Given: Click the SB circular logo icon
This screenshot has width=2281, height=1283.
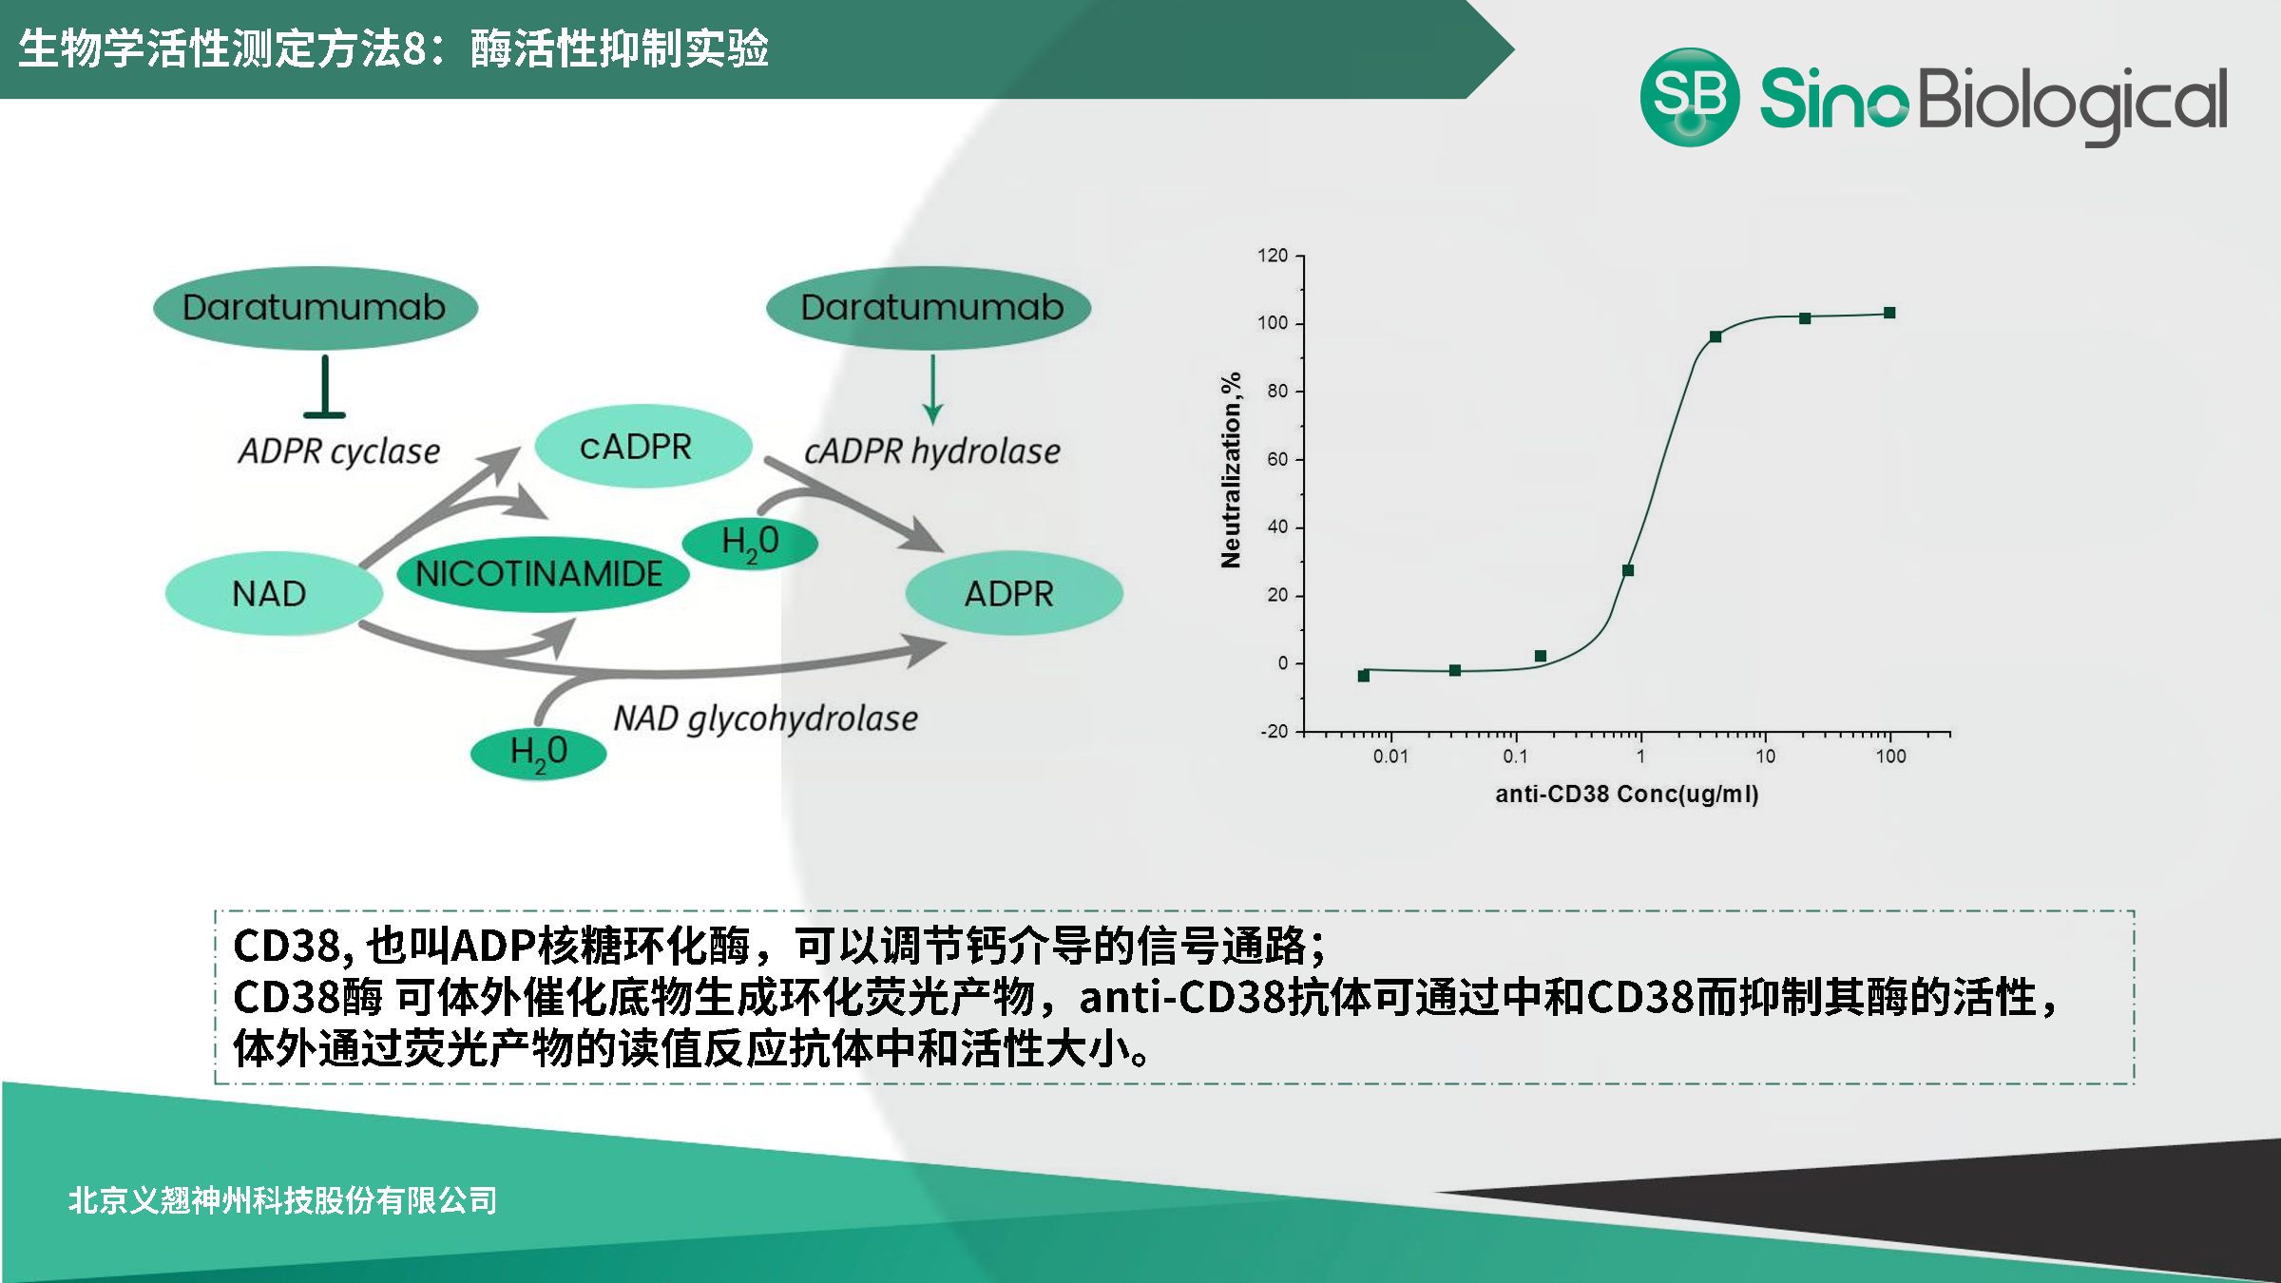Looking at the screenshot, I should pos(1689,97).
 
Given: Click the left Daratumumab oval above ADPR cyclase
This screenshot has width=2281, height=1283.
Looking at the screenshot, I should pos(315,307).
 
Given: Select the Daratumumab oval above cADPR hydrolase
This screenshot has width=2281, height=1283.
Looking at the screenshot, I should pos(929,307).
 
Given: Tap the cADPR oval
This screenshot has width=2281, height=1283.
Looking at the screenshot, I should pos(643,447).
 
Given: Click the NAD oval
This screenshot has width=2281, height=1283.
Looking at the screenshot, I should pos(273,594).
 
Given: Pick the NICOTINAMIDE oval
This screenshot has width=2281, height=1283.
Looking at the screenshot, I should pos(542,574).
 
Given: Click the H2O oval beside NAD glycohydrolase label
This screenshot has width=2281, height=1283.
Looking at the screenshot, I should pos(538,753).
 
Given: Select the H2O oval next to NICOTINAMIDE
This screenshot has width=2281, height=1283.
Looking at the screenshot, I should pos(750,543).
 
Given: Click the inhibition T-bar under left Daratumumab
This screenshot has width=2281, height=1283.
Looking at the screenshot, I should pos(325,390).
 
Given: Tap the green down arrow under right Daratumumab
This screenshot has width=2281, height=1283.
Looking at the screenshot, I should pos(932,390).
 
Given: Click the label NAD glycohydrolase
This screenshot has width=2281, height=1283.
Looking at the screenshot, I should pos(765,718).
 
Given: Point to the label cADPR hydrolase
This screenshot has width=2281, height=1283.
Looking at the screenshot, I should pos(931,451).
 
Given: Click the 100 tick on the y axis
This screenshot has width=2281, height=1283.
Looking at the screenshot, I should pos(1273,323).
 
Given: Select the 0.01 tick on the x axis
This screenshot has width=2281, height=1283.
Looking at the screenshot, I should pos(1390,756).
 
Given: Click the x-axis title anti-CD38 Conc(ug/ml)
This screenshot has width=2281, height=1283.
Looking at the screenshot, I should pos(1626,794).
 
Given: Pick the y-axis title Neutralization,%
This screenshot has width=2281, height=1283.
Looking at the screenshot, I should pos(1231,470).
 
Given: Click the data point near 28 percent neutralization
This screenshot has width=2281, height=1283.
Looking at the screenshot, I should pos(1628,571).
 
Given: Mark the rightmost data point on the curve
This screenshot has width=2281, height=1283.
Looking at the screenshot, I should pos(1889,313).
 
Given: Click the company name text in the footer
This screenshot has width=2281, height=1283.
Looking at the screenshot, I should pos(282,1200).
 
